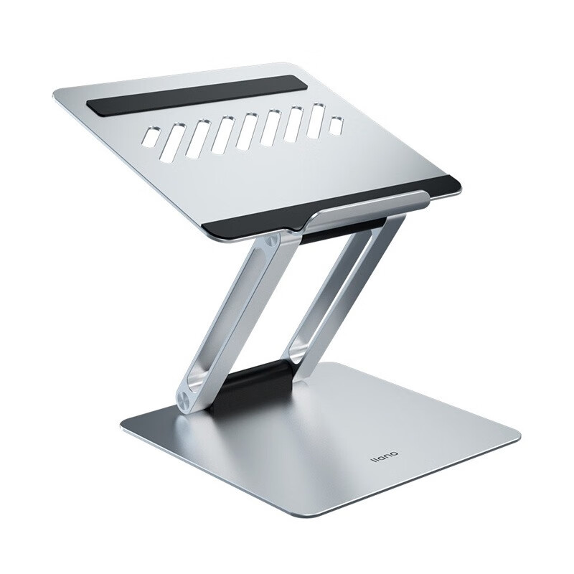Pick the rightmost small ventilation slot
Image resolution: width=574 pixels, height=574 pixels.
[337, 125]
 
